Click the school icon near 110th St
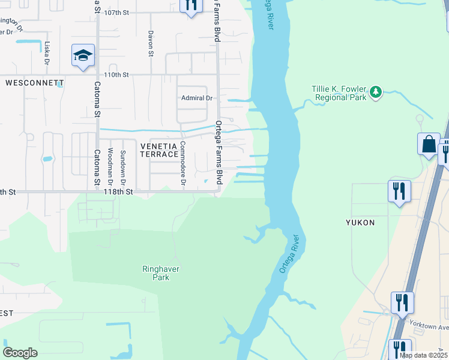click(x=83, y=56)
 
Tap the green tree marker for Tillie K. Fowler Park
click(x=376, y=92)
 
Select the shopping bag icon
click(x=429, y=145)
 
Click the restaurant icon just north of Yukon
click(x=399, y=191)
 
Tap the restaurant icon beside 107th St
click(x=191, y=5)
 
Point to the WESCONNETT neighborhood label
click(x=35, y=82)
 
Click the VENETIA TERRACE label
click(x=159, y=150)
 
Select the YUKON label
click(x=360, y=223)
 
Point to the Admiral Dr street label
click(x=197, y=98)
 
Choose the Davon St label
click(x=151, y=43)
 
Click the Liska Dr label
click(x=46, y=53)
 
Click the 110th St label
click(x=117, y=75)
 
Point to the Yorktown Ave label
click(x=429, y=326)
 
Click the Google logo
click(x=20, y=352)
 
